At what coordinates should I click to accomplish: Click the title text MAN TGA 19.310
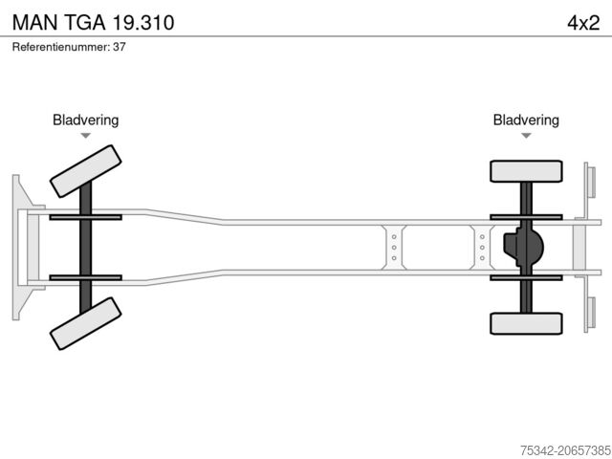coord(93,20)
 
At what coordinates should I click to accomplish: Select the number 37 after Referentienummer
coord(119,47)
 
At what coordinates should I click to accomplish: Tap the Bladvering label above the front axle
coord(85,120)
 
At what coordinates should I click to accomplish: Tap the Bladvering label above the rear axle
coord(526,120)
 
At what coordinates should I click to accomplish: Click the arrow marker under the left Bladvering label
coord(85,136)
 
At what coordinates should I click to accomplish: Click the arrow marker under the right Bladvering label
coord(526,136)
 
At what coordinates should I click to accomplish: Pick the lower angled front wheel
coord(85,323)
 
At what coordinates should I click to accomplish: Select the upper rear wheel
coord(525,171)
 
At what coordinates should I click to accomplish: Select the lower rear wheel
coord(525,323)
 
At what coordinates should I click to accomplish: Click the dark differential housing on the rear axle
coord(524,247)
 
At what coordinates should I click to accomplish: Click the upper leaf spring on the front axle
coord(85,217)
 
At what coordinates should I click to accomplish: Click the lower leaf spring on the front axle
coord(85,278)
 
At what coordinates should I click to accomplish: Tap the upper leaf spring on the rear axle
coord(525,217)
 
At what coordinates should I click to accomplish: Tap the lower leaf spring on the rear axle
coord(525,278)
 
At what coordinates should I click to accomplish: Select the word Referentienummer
coord(59,47)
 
